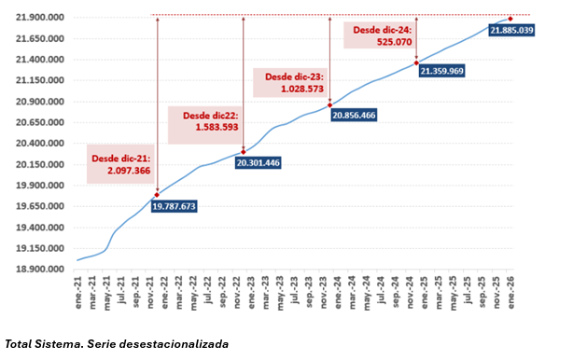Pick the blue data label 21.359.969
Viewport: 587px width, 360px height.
click(441, 71)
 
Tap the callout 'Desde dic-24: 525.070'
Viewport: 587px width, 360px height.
click(381, 35)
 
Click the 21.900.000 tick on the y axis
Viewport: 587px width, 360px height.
click(38, 18)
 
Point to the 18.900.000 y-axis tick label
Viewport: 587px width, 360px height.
click(38, 270)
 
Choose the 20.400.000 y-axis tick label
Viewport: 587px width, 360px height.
click(38, 144)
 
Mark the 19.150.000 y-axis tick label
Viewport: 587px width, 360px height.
click(38, 248)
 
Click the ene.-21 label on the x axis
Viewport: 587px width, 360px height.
click(78, 290)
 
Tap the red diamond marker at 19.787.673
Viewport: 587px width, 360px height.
click(157, 195)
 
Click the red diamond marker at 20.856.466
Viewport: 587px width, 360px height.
click(329, 105)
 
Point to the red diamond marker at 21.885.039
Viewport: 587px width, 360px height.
click(510, 19)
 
